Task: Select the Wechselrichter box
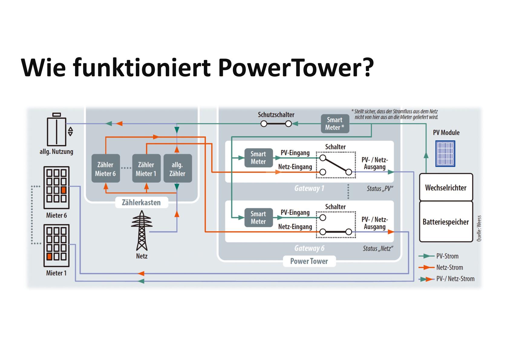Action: [x=446, y=188]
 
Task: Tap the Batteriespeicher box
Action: [x=446, y=222]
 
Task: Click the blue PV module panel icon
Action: [x=445, y=153]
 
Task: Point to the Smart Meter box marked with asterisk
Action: [x=335, y=124]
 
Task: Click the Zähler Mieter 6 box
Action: [x=106, y=169]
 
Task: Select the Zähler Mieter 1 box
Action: [x=146, y=169]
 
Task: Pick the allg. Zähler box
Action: [x=178, y=169]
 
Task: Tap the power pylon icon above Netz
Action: [x=142, y=231]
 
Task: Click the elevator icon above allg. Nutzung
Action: [x=57, y=130]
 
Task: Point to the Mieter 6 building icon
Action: [x=57, y=188]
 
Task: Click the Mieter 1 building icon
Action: [x=57, y=246]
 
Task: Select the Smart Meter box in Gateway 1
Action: [x=258, y=158]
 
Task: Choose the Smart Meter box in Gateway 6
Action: [x=258, y=218]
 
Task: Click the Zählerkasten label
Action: [x=141, y=202]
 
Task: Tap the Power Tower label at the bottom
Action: [x=309, y=261]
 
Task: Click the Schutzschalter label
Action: [x=276, y=115]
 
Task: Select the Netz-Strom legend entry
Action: [x=449, y=267]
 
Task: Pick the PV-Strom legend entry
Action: [x=447, y=256]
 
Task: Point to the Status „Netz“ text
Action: [x=378, y=249]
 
